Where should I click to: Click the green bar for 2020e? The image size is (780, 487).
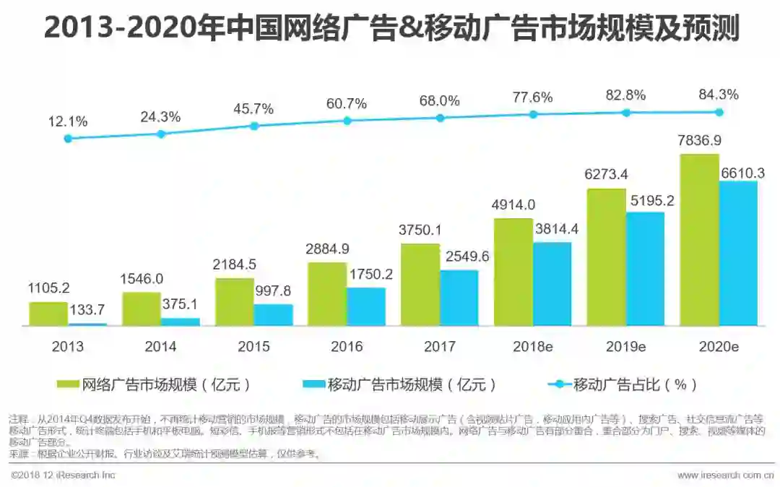699,240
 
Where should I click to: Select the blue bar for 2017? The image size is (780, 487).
459,298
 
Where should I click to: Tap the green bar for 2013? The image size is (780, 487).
48,314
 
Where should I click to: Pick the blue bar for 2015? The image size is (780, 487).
273,315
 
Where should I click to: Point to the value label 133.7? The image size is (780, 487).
87,311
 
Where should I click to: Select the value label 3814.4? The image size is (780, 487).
552,229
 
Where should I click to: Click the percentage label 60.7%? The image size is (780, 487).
347,103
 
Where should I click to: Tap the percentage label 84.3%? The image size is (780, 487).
719,95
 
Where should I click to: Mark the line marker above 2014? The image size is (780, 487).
161,134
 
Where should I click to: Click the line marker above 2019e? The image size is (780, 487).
626,113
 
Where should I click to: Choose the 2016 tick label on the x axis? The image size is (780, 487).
347,347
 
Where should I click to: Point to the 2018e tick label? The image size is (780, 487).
533,347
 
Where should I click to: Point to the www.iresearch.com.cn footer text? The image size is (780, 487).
725,475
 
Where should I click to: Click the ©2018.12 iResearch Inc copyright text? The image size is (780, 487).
64,475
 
